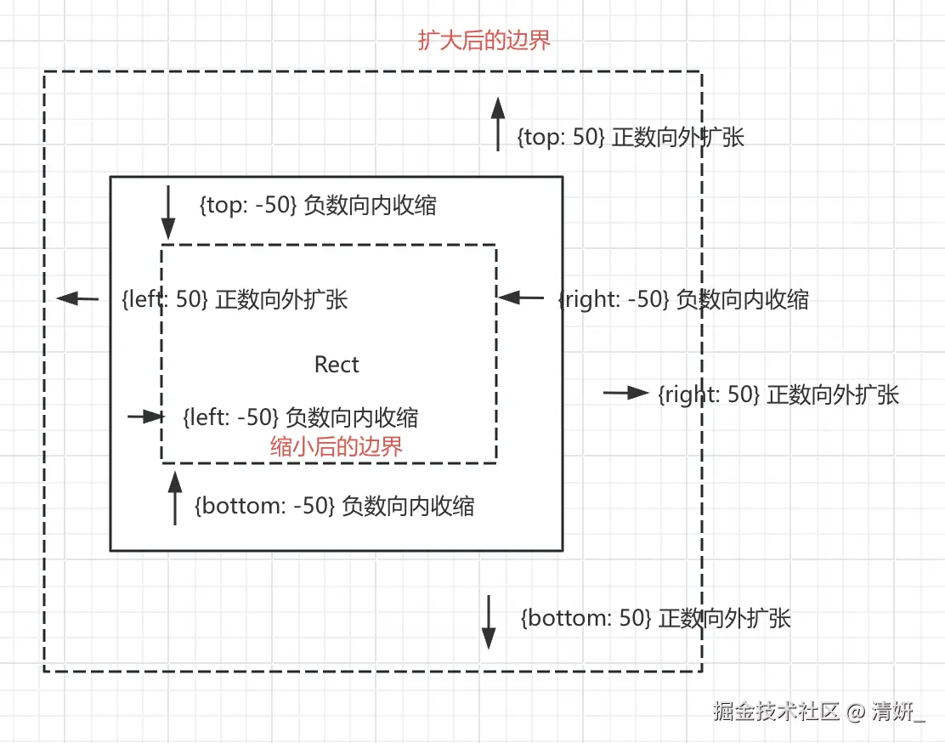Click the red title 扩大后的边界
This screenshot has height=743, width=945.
click(x=484, y=41)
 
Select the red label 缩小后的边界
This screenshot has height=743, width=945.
click(x=337, y=447)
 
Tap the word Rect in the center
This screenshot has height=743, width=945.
click(x=337, y=365)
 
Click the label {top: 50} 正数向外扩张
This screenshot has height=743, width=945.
click(x=631, y=138)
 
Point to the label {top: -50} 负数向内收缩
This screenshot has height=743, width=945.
click(x=317, y=206)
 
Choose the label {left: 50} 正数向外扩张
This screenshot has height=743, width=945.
click(x=235, y=299)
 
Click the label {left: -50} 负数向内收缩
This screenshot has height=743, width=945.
click(x=300, y=417)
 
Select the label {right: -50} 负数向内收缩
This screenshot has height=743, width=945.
click(x=683, y=299)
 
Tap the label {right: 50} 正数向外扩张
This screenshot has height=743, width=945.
click(x=778, y=394)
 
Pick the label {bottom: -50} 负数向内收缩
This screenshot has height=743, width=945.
click(x=334, y=506)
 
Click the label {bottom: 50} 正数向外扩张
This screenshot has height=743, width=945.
click(x=655, y=618)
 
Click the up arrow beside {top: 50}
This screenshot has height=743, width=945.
click(x=499, y=123)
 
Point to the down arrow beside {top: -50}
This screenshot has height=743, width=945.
click(x=168, y=212)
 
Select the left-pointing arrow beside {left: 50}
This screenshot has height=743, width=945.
click(x=78, y=298)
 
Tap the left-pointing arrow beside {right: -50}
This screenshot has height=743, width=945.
click(x=520, y=298)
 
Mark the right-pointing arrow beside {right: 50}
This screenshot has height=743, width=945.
click(x=626, y=393)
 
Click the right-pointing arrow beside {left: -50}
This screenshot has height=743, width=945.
click(x=144, y=417)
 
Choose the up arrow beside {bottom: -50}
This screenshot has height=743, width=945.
click(x=175, y=498)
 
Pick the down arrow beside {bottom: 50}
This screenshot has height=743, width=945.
click(x=489, y=622)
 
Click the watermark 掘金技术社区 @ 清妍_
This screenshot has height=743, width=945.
click(x=819, y=711)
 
